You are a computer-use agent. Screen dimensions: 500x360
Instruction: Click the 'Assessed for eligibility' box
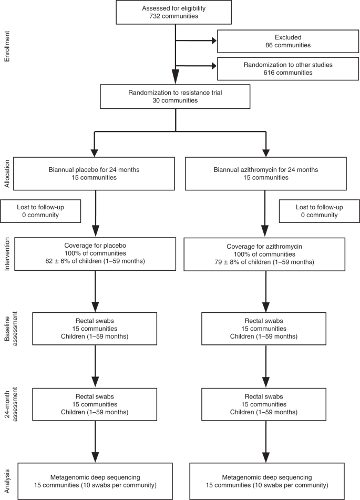point(173,12)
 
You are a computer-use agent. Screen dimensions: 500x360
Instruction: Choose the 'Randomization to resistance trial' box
point(173,96)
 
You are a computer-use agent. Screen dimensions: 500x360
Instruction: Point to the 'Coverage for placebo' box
point(95,253)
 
